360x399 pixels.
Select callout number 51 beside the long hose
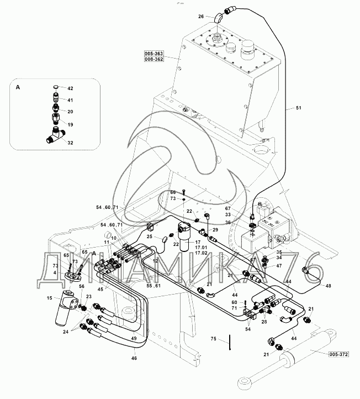pos(299,109)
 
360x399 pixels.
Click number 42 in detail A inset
pos(70,88)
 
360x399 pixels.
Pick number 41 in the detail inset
pos(70,100)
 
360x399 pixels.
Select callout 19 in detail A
pos(70,125)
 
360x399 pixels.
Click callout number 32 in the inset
pos(70,143)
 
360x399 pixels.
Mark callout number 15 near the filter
pos(49,299)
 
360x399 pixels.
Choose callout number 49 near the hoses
pos(134,338)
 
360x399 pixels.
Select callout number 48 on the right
pos(328,286)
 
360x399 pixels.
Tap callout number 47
pos(279,266)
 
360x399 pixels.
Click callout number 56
pos(81,286)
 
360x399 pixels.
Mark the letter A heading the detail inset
pos(17,87)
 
